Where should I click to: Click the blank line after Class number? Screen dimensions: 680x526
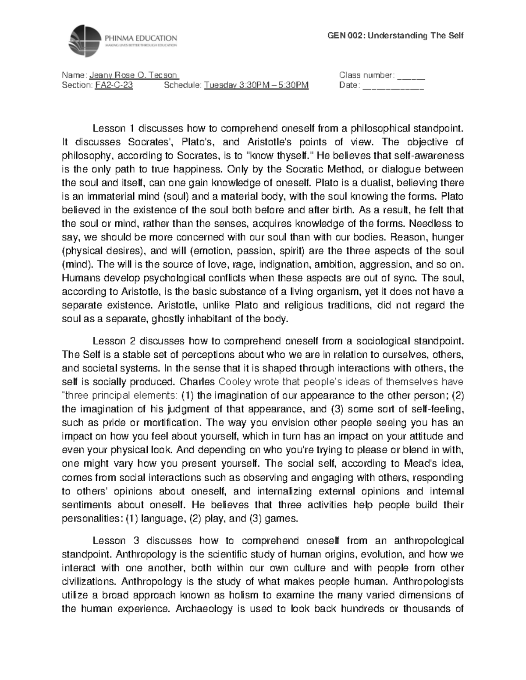tap(411, 75)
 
